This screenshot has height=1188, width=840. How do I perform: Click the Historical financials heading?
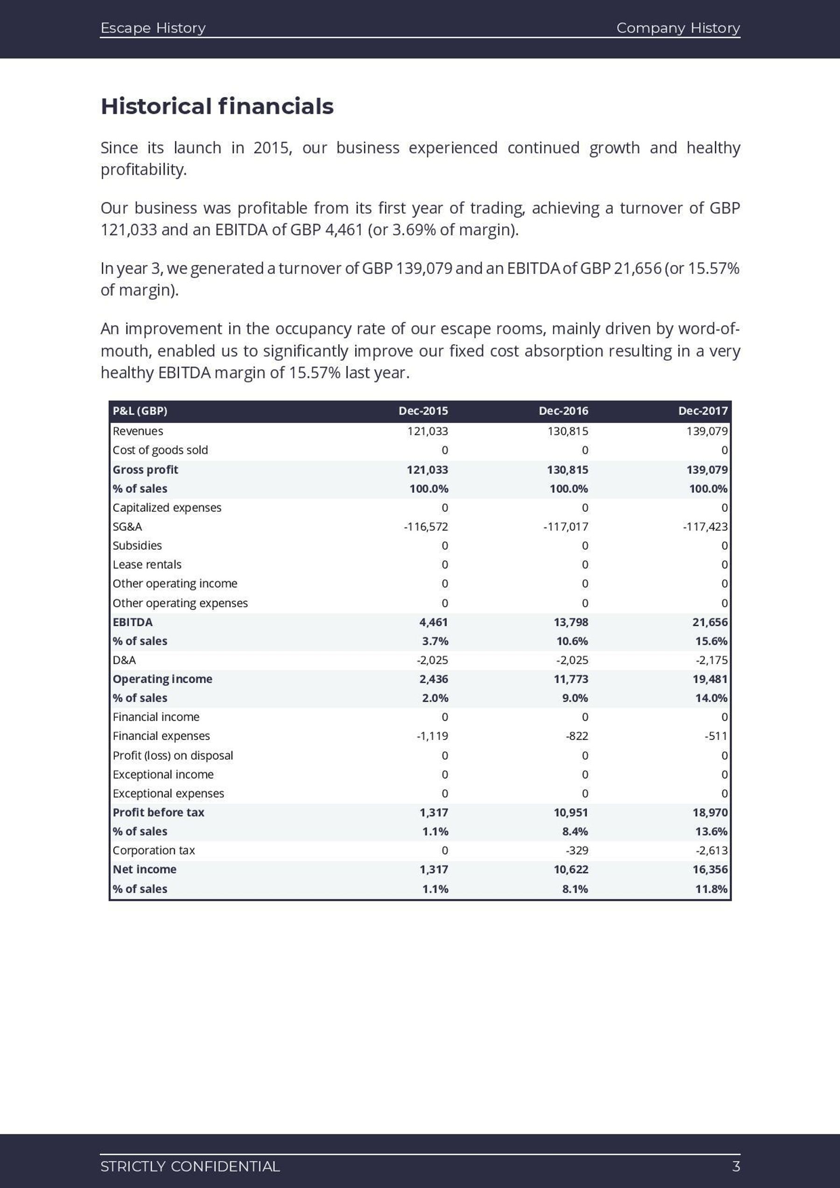217,106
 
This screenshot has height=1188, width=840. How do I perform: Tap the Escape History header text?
153,28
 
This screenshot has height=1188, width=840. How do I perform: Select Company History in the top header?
678,28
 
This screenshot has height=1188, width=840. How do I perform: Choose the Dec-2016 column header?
563,411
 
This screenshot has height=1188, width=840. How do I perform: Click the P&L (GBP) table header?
140,411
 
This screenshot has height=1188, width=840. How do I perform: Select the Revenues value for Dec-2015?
427,431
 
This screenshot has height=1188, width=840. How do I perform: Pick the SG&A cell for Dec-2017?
705,527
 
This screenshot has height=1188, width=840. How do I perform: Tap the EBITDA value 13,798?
571,622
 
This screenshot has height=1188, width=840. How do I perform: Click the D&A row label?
124,660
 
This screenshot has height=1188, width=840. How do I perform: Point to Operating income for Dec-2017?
710,679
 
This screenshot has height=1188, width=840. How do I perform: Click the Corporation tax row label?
154,850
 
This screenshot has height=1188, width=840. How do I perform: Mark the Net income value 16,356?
710,869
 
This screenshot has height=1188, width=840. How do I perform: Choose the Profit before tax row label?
158,812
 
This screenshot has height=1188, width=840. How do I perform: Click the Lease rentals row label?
147,565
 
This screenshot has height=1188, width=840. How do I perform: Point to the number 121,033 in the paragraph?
128,230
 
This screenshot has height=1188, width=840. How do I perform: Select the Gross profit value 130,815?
567,470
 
